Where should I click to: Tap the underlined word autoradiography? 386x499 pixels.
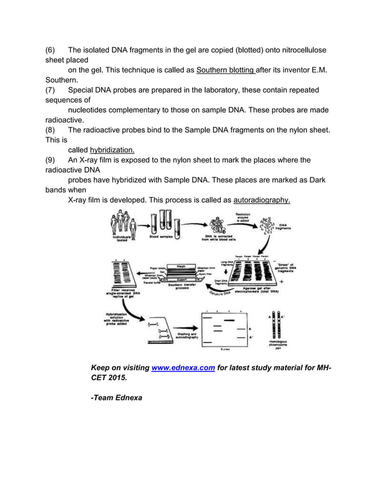tap(261, 199)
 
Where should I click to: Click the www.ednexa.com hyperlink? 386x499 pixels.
tap(183, 368)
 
